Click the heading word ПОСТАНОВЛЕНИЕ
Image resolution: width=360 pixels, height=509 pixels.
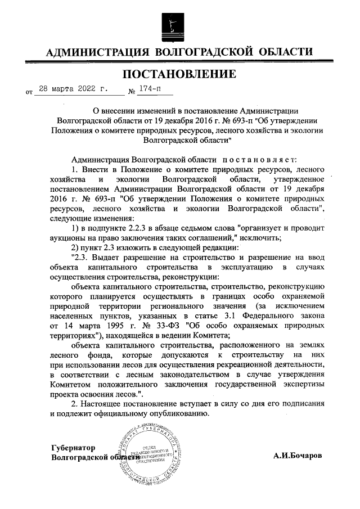179,74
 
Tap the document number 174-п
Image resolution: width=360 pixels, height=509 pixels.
149,89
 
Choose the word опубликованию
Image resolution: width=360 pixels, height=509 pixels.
178,413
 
